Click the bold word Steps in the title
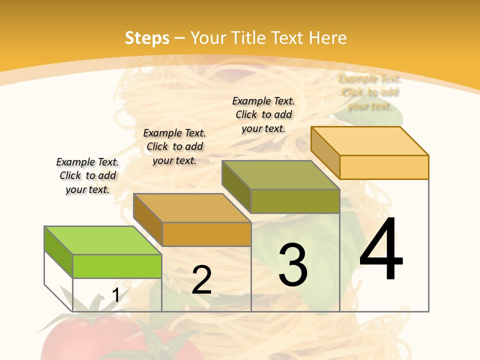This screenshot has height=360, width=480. pyautogui.click(x=147, y=38)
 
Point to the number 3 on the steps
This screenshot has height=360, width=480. pyautogui.click(x=293, y=265)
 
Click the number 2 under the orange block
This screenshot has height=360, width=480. pyautogui.click(x=201, y=280)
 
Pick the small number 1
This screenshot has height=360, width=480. pyautogui.click(x=116, y=295)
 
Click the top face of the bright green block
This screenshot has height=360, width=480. pyautogui.click(x=103, y=240)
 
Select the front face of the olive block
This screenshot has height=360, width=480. pyautogui.click(x=295, y=201)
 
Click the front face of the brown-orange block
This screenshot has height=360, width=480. pyautogui.click(x=206, y=234)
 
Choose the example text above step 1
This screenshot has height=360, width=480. pyautogui.click(x=87, y=175)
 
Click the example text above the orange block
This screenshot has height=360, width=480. pyautogui.click(x=174, y=146)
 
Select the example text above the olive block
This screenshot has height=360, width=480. pyautogui.click(x=263, y=114)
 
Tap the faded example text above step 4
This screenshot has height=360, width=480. pyautogui.click(x=370, y=92)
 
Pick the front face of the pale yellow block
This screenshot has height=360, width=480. pyautogui.click(x=384, y=167)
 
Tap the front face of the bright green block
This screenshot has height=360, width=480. pyautogui.click(x=117, y=266)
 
